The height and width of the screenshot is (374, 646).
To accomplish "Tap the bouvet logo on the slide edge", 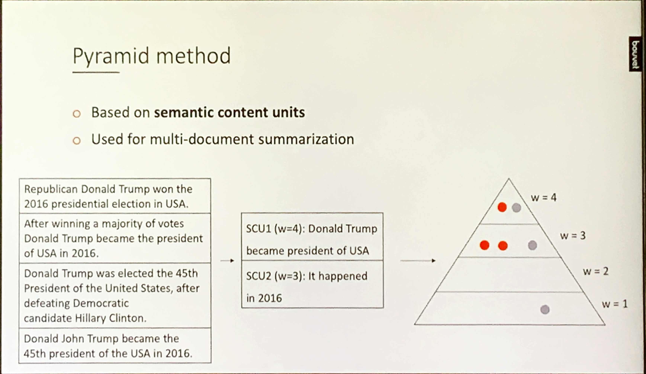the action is [x=635, y=54].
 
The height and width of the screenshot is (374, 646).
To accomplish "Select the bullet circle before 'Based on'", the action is [x=77, y=113].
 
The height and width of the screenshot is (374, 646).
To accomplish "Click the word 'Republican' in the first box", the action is [x=51, y=189].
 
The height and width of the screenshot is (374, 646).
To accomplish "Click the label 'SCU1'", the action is [x=258, y=228].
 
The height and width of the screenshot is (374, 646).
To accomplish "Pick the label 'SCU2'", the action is [x=258, y=276].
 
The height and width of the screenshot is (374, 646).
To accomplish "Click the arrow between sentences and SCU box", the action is [x=227, y=261].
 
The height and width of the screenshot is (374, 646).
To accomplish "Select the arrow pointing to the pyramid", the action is [x=418, y=261].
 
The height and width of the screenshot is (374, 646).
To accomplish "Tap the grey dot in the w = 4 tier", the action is [x=516, y=207].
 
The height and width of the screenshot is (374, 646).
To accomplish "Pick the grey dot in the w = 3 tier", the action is [x=532, y=245].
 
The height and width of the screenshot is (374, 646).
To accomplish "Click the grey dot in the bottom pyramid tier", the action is [x=545, y=309].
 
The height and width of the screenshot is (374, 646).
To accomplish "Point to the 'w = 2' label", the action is [x=595, y=271].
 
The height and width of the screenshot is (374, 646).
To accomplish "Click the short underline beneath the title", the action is [x=96, y=72].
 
